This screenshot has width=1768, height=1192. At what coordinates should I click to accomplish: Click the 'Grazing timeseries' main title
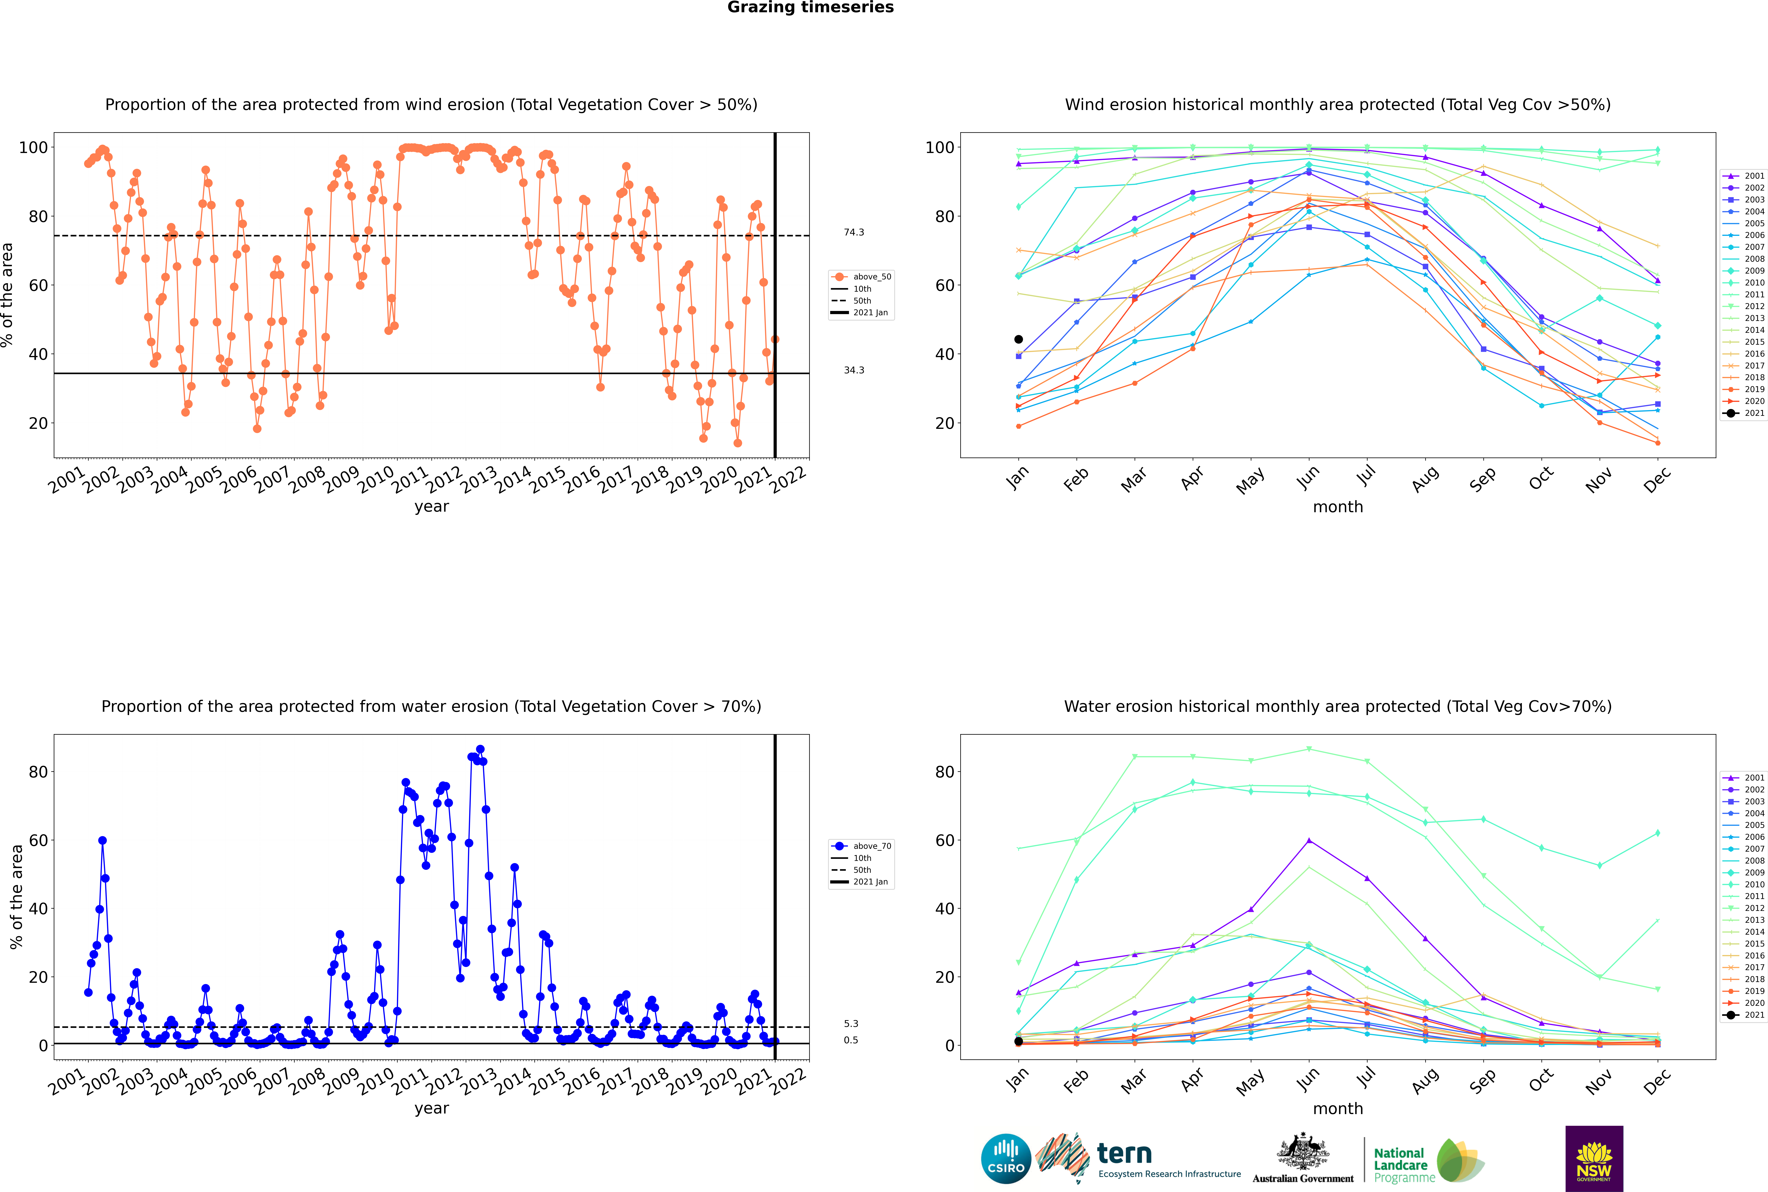pyautogui.click(x=810, y=8)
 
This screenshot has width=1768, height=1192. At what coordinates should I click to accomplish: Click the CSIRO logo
pyautogui.click(x=1006, y=1159)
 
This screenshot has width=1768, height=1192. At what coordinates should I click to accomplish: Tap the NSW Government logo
pyautogui.click(x=1594, y=1159)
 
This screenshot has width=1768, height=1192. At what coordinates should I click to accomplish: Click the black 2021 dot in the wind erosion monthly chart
pyautogui.click(x=1019, y=339)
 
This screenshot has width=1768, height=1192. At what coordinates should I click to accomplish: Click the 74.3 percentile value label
pyautogui.click(x=854, y=233)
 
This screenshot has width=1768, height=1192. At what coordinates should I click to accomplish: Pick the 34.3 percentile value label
pyautogui.click(x=854, y=370)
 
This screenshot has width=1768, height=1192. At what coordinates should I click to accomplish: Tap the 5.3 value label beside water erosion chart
pyautogui.click(x=851, y=1024)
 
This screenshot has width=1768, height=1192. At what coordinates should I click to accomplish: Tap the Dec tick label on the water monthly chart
pyautogui.click(x=1657, y=1080)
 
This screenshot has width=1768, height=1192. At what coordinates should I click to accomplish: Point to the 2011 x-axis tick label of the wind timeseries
pyautogui.click(x=410, y=481)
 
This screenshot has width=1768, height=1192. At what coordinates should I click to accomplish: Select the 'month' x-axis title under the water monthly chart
pyautogui.click(x=1338, y=1109)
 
